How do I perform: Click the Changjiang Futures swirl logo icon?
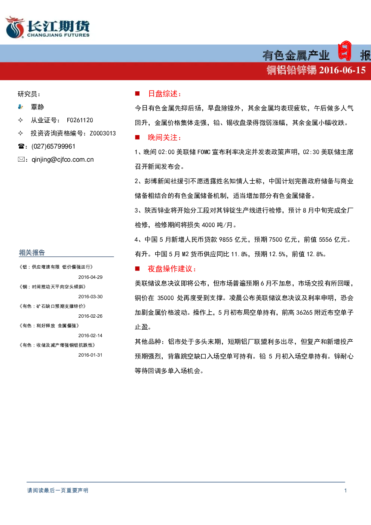pos(15,27)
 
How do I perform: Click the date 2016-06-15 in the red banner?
pos(342,70)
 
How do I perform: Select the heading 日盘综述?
pos(165,94)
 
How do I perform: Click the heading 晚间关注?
pos(165,138)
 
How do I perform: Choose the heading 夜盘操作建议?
pos(172,269)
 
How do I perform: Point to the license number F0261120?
pos(80,120)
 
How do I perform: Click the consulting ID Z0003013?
pos(102,133)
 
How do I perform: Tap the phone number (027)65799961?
pos(53,146)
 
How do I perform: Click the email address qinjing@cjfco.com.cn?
pos(62,160)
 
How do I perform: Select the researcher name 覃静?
pos(37,107)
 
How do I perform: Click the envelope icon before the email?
pos(21,159)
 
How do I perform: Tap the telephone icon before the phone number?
pos(21,146)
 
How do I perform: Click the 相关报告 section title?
pos(32,253)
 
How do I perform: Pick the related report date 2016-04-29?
pos(91,277)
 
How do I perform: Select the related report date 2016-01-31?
pos(91,355)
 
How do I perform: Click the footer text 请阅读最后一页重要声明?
pos(58,491)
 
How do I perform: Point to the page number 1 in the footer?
pos(345,491)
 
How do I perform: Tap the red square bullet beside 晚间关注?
pos(137,137)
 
